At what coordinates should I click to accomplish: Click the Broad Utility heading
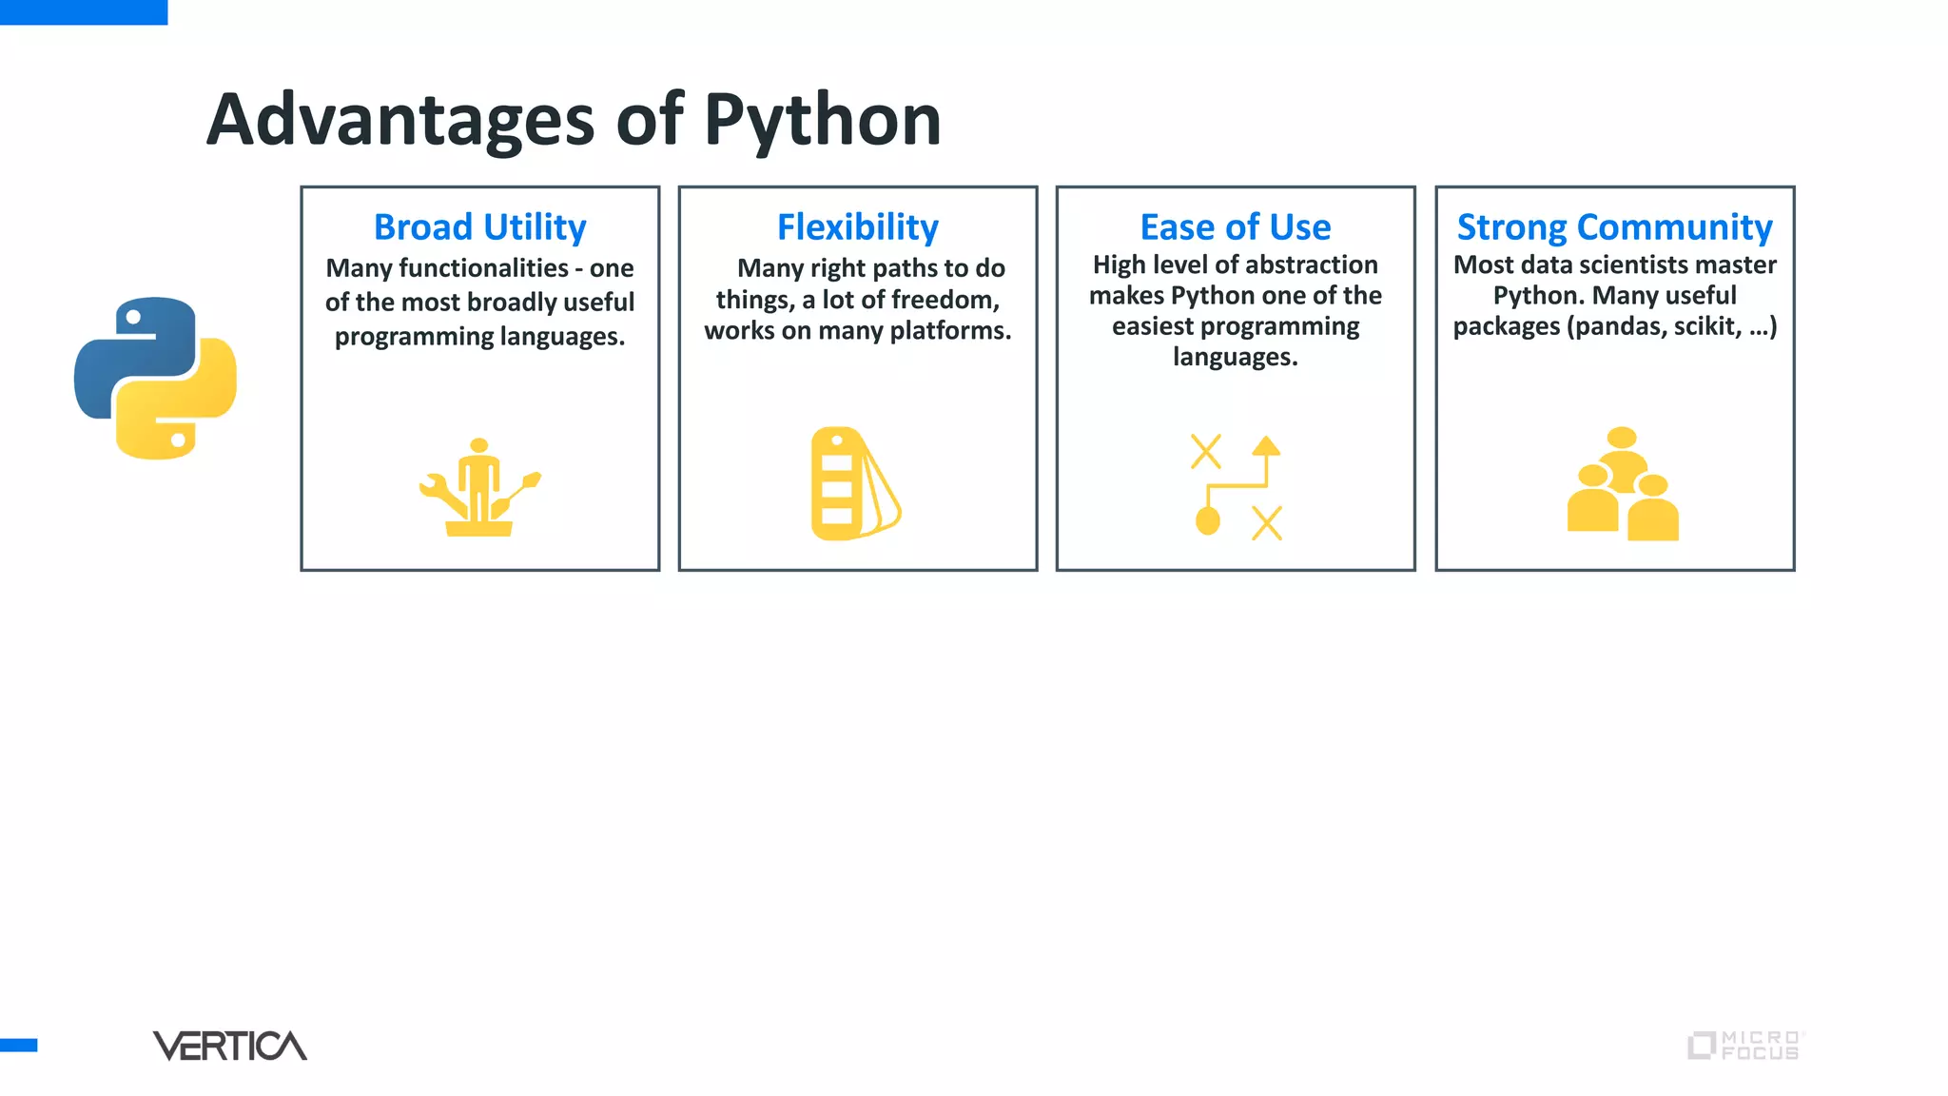click(479, 227)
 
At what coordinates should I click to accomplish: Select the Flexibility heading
click(857, 227)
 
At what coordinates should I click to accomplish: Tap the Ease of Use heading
click(1235, 227)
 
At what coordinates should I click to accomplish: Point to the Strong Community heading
click(1614, 227)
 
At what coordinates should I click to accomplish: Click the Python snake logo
click(155, 378)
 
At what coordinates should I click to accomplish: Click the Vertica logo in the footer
click(229, 1046)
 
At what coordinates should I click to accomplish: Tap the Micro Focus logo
click(1744, 1045)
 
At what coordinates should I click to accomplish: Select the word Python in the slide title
click(822, 120)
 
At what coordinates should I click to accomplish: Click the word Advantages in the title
click(400, 120)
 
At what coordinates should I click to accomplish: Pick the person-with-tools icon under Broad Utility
click(479, 487)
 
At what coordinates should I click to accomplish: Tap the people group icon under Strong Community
click(1623, 484)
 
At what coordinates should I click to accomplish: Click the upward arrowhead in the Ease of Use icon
click(1266, 445)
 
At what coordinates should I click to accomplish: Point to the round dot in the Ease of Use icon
click(1208, 520)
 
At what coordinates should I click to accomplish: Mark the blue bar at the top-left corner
click(84, 11)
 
